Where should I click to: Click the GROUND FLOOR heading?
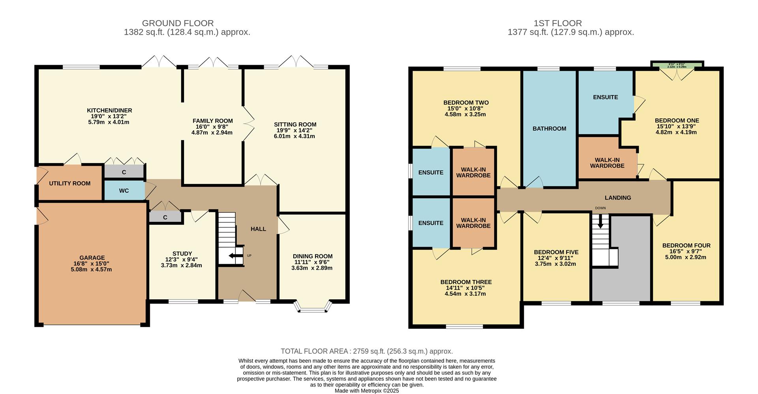(178, 23)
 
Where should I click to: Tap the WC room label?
(124, 191)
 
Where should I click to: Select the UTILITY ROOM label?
(69, 183)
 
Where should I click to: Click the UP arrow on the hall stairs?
(236, 256)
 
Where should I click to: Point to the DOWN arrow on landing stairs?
(600, 221)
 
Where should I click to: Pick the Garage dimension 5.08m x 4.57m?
(92, 270)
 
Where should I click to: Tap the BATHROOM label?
(549, 129)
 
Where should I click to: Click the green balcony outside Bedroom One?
(677, 65)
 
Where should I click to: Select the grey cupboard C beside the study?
(165, 217)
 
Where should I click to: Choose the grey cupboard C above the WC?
(124, 172)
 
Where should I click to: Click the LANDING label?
(617, 198)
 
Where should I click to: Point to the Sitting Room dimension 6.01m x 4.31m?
(295, 136)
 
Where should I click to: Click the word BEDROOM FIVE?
(556, 252)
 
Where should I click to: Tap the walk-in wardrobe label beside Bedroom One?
(607, 163)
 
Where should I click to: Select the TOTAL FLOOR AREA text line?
(366, 351)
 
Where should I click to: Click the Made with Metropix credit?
(366, 391)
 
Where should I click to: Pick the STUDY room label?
(182, 253)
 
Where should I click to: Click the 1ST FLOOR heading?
(557, 23)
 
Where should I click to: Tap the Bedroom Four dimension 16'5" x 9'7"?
(686, 251)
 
